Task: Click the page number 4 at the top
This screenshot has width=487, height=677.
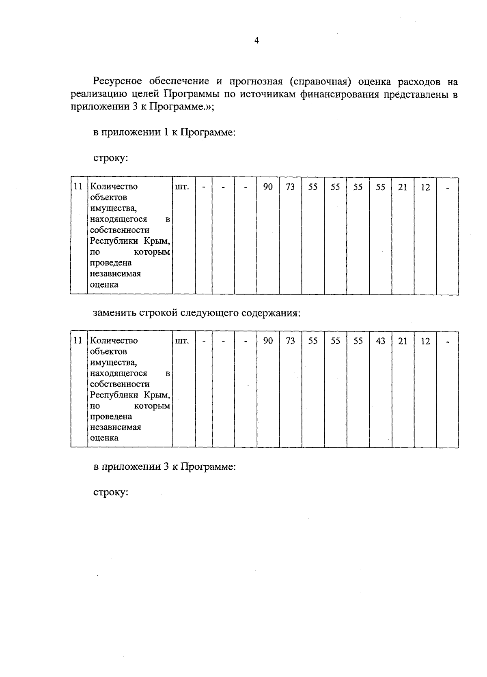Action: click(x=256, y=40)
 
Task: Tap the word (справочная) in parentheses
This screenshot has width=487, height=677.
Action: click(x=320, y=82)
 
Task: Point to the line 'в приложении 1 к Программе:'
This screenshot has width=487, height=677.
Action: click(x=164, y=132)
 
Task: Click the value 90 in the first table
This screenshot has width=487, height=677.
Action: click(x=268, y=187)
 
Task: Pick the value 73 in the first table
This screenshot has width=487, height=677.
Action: click(x=290, y=187)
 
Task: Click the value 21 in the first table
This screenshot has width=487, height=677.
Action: click(x=403, y=187)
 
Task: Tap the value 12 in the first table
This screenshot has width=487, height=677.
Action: click(x=425, y=187)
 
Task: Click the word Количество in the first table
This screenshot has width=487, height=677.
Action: click(x=114, y=187)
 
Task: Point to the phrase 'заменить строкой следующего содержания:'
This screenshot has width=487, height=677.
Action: click(x=197, y=314)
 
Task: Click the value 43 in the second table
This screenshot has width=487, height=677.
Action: click(x=380, y=341)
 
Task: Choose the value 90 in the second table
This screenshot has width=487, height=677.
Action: click(x=268, y=341)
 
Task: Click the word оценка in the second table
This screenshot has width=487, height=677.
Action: click(x=104, y=438)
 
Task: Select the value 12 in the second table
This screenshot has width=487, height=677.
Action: click(x=425, y=341)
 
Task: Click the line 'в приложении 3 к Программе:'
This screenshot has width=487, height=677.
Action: click(x=164, y=466)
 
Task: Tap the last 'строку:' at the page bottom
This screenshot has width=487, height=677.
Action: click(x=111, y=492)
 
